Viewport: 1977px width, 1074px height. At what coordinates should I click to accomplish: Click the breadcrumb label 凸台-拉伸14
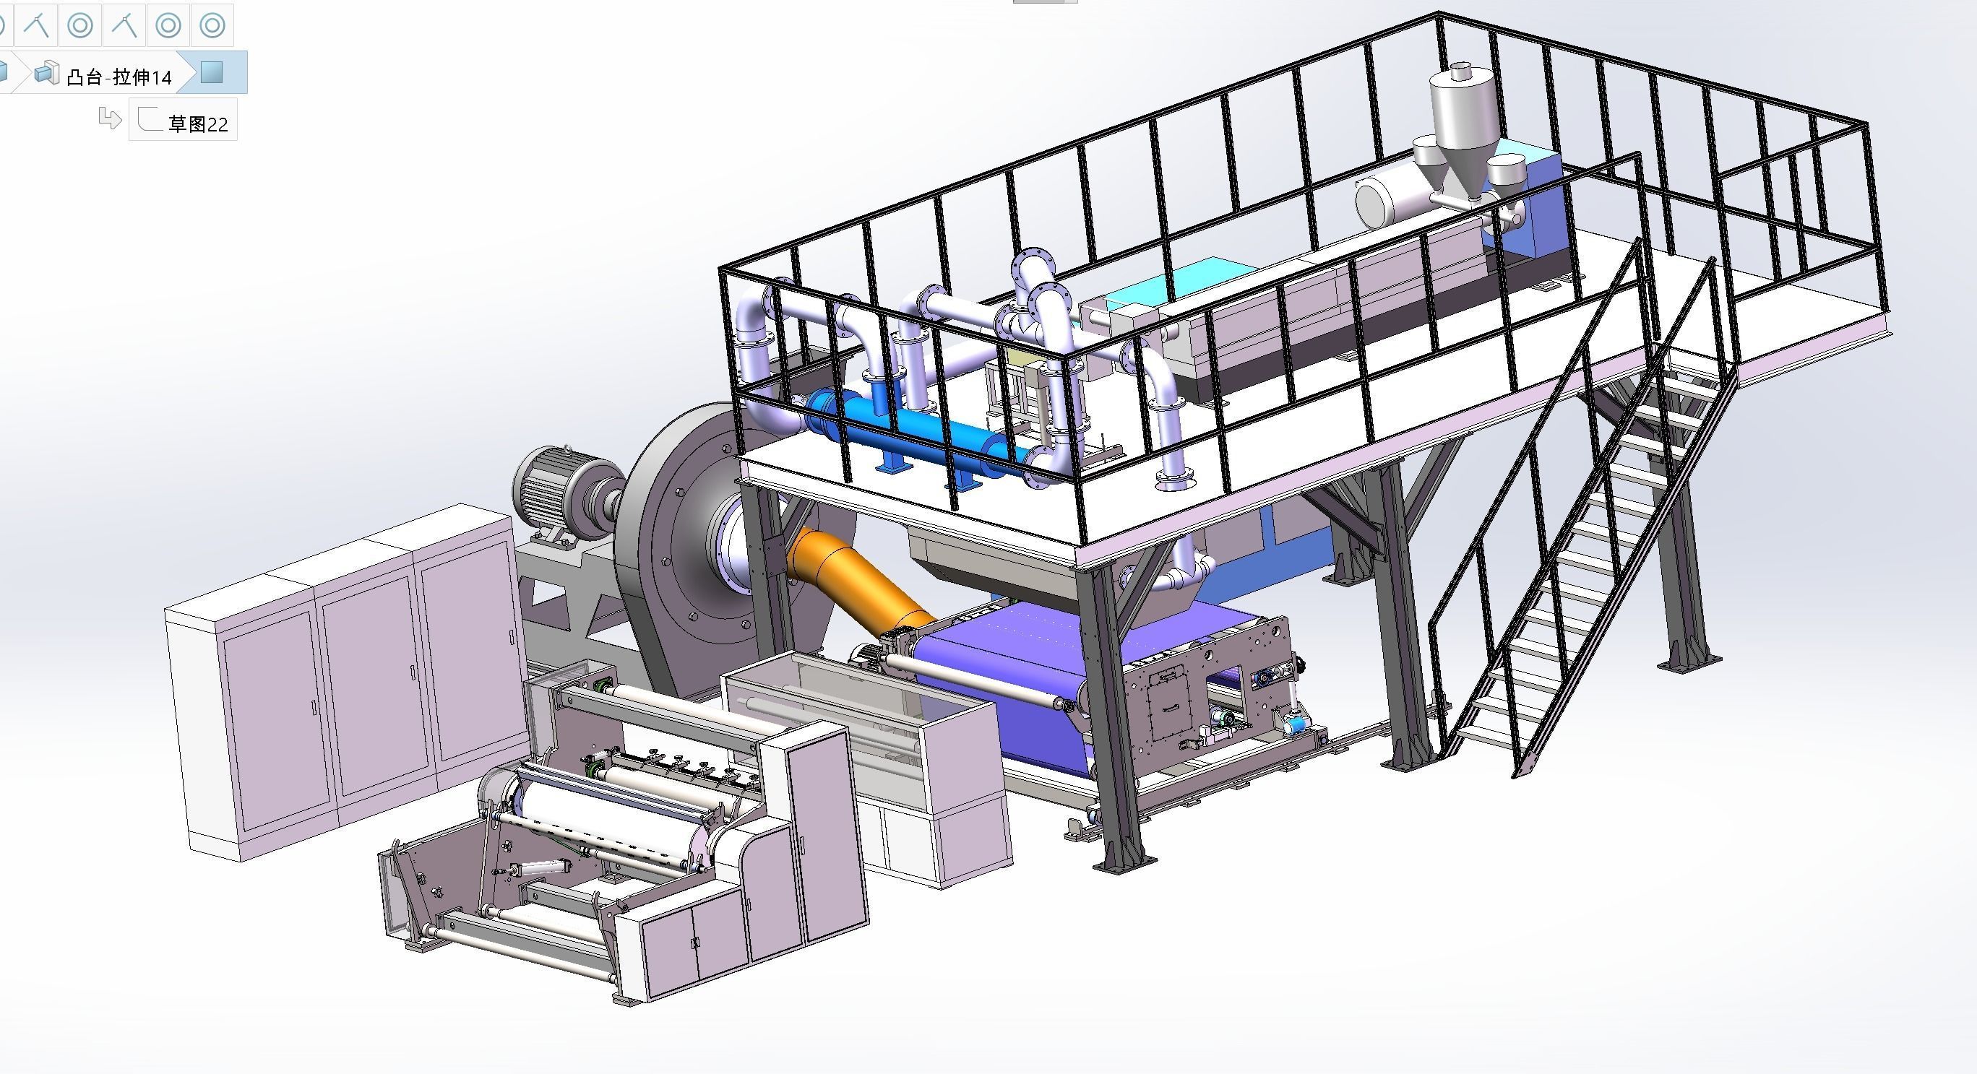(119, 76)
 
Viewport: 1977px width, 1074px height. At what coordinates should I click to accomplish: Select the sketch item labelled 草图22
(197, 123)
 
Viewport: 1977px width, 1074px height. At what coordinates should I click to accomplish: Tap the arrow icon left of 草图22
(110, 119)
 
